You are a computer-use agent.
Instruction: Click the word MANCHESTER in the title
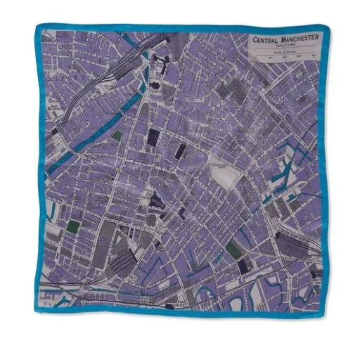298,38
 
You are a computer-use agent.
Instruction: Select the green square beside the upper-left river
116,136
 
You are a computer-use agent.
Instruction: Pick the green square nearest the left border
72,226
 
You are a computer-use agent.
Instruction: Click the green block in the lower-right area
233,248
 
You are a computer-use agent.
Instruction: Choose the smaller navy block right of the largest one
180,150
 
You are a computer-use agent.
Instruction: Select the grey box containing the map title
285,48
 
